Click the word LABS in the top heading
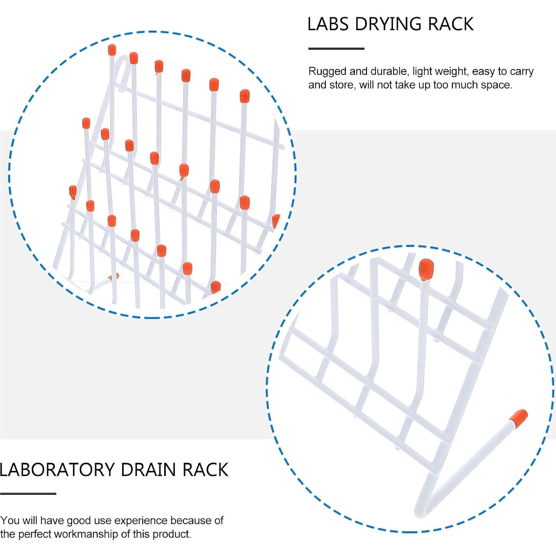pos(328,24)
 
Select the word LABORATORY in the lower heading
pos(57,470)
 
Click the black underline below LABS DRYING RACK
pos(336,49)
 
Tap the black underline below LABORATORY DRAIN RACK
pos(28,494)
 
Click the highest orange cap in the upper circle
pos(112,50)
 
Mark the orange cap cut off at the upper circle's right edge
pos(276,221)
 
